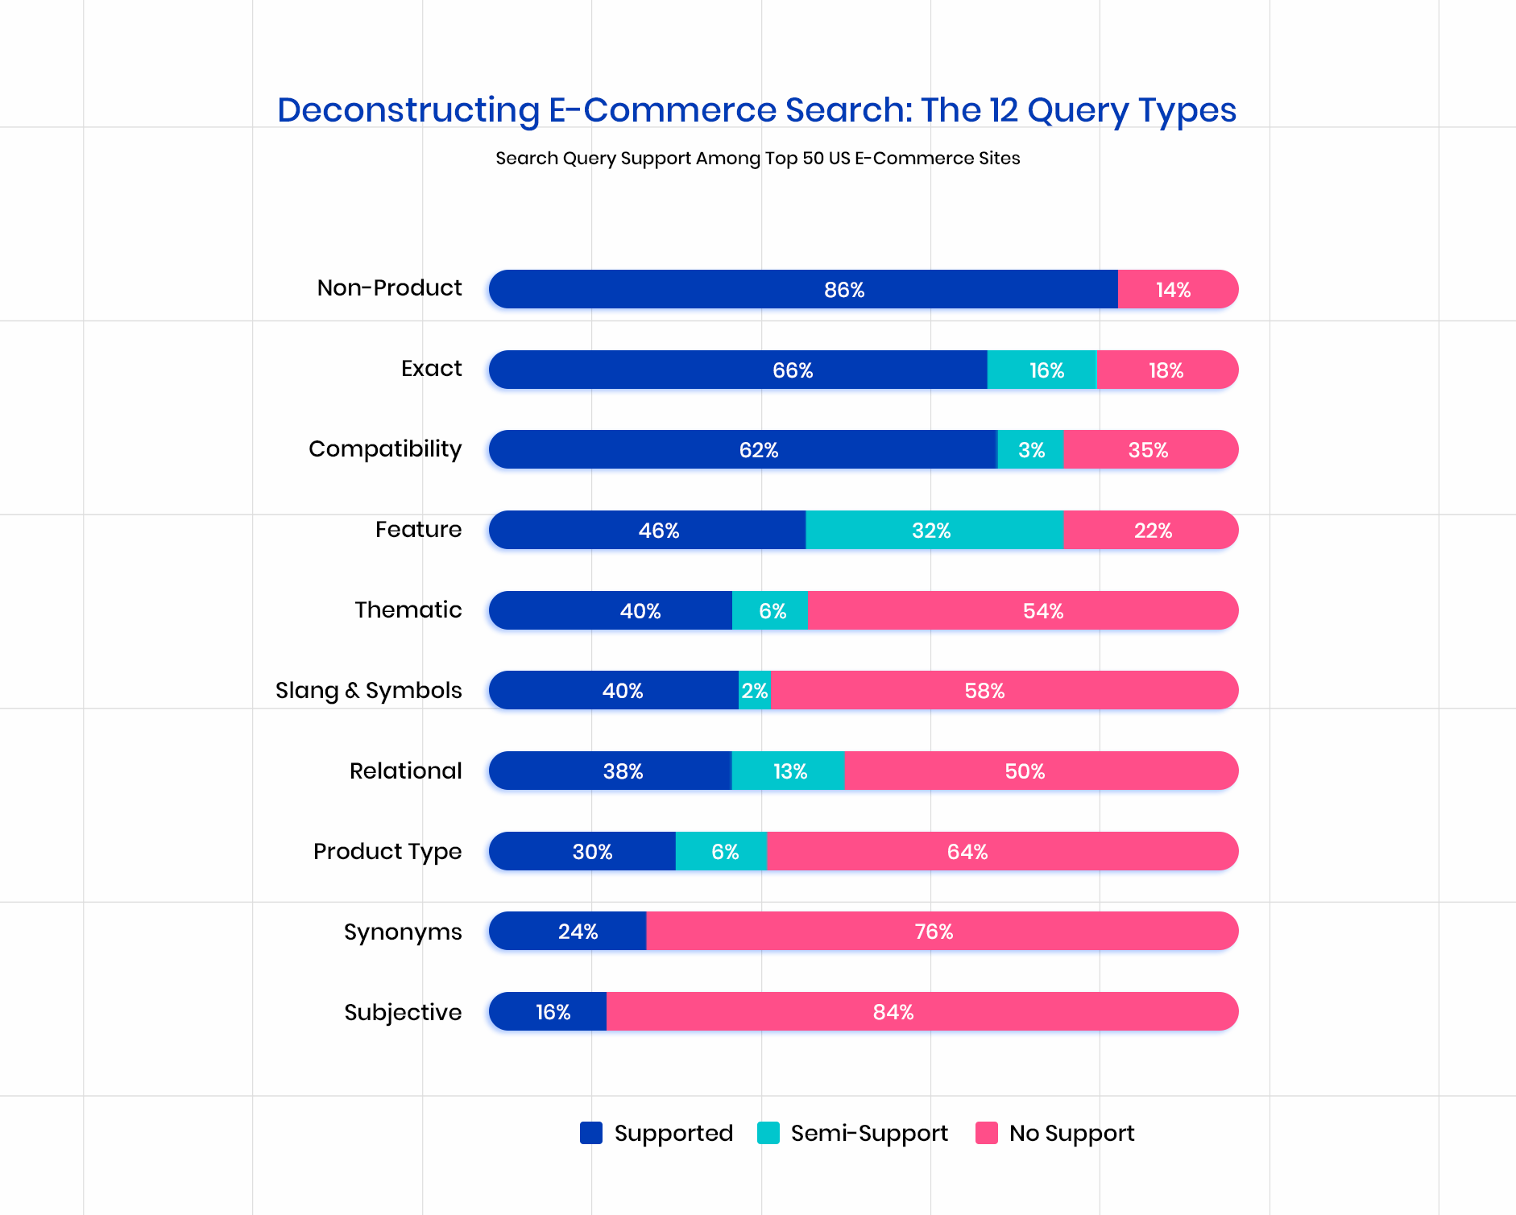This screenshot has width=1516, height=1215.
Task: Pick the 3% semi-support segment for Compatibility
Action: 1030,449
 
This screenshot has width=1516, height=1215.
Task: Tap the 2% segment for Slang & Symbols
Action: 755,690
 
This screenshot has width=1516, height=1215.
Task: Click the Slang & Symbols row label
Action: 368,690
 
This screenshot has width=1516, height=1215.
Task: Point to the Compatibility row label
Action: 385,448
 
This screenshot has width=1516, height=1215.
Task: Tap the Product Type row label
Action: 387,851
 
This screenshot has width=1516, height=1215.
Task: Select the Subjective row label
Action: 403,1012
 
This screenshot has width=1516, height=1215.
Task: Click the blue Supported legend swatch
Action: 591,1133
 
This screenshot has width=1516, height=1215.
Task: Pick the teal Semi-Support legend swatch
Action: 768,1133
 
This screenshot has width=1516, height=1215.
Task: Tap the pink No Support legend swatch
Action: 987,1133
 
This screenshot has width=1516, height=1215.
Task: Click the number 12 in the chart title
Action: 1004,110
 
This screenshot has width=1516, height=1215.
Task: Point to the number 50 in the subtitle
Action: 813,158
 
